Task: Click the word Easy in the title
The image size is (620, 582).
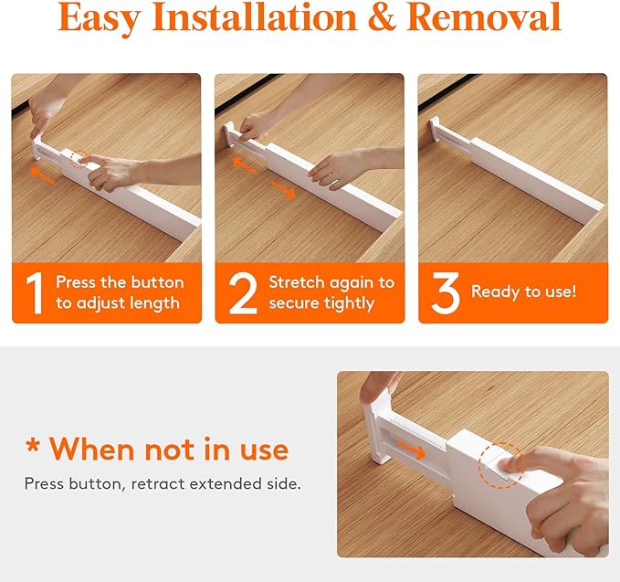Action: [x=100, y=18]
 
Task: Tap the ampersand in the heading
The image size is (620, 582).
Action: [x=382, y=17]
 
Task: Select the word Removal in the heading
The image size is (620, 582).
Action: [x=484, y=17]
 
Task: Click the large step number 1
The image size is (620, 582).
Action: [x=35, y=293]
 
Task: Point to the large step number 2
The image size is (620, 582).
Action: [x=243, y=293]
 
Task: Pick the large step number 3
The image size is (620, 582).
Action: [x=446, y=293]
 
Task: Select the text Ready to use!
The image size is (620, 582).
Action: [x=523, y=292]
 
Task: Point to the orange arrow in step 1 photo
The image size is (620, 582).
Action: [x=42, y=175]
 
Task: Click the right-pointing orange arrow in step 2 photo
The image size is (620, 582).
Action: [x=283, y=189]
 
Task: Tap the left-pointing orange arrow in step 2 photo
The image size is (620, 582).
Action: [x=245, y=165]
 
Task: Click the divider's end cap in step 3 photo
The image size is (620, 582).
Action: [x=435, y=129]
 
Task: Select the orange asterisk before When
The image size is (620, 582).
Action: [x=33, y=446]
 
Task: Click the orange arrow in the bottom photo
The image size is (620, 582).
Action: [x=411, y=450]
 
